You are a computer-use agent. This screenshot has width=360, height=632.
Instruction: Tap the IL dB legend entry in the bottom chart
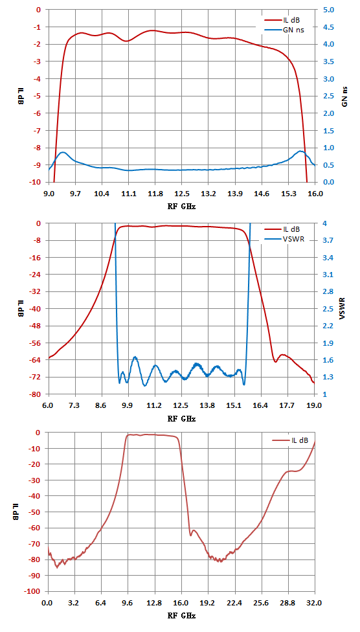(290, 440)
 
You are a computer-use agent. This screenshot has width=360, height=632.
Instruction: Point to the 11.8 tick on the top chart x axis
(155, 194)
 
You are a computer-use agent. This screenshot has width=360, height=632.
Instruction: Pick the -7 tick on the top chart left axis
(38, 131)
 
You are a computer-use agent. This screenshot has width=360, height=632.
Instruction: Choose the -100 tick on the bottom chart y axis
(34, 591)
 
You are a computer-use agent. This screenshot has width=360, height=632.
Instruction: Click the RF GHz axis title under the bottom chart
(181, 616)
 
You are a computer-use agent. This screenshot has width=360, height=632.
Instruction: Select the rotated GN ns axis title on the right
(344, 96)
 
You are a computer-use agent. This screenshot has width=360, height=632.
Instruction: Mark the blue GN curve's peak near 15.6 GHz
(300, 151)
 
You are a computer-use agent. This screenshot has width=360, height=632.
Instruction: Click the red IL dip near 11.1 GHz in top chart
(127, 41)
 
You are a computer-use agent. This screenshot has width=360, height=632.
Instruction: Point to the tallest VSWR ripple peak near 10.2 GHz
(135, 357)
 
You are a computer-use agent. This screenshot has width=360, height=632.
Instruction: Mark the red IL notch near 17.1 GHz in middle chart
(276, 361)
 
